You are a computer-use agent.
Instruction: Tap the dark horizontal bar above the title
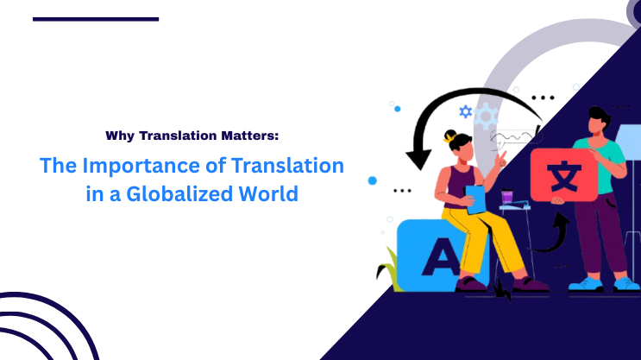(x=96, y=18)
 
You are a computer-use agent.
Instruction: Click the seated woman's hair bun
(x=449, y=136)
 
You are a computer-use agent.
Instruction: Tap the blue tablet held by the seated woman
(x=474, y=198)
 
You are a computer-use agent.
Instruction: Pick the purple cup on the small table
(x=507, y=198)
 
